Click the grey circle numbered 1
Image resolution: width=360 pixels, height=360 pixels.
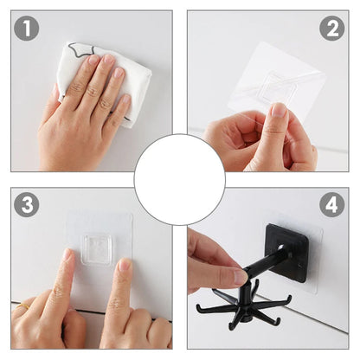pos(27,28)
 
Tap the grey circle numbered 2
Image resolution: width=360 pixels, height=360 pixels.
pos(332,28)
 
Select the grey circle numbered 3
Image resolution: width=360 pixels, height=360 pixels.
pos(27,204)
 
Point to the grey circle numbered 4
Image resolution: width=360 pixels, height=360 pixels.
pos(332,204)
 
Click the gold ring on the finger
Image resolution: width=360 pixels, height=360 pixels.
pos(22,306)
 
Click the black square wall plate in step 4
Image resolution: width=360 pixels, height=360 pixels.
pos(287,254)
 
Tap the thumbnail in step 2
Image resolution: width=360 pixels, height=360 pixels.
pos(279,110)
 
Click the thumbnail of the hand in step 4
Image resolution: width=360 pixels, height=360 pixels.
pos(241,277)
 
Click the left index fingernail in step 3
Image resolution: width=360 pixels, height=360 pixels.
pos(67,254)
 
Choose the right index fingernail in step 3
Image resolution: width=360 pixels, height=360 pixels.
pos(125,264)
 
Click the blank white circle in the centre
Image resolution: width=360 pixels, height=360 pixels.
pos(180,179)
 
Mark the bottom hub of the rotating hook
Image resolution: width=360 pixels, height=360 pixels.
pos(246,318)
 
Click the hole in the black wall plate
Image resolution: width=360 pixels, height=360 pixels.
pos(281,248)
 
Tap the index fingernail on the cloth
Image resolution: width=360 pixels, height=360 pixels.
pos(93,60)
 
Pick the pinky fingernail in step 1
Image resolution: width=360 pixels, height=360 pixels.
pos(126,99)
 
